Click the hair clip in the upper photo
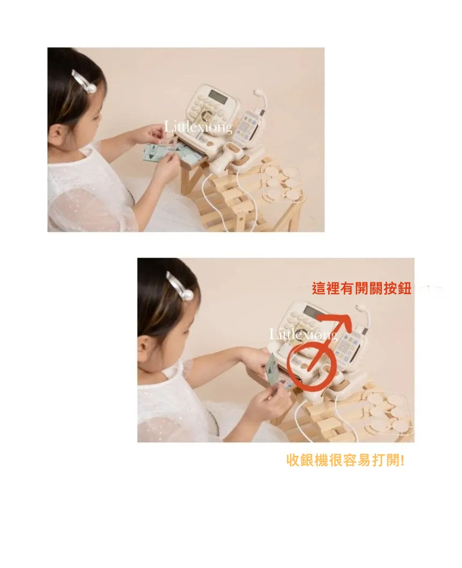tap(84, 82)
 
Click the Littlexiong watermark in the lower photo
tap(304, 334)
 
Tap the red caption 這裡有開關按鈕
tap(361, 288)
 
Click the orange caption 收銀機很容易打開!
tap(345, 461)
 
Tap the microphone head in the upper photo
tap(258, 92)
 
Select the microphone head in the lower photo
tap(360, 307)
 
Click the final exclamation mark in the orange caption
tap(402, 461)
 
